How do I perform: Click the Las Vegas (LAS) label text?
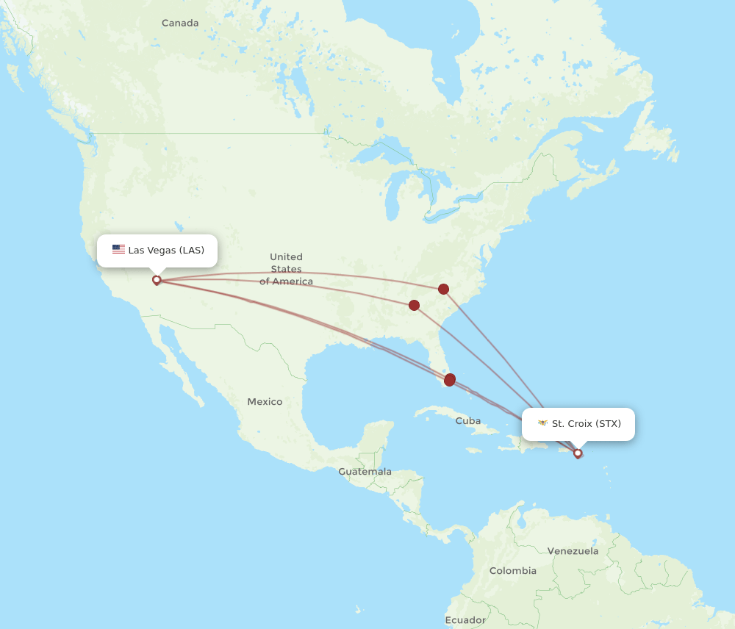[x=166, y=251]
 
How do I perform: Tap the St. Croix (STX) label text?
[x=587, y=424]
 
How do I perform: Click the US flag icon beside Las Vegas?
[x=118, y=250]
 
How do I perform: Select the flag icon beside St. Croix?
[x=543, y=423]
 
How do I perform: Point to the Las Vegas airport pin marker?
[x=156, y=280]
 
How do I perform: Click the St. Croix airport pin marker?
[x=578, y=453]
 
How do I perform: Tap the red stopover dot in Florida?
[x=450, y=380]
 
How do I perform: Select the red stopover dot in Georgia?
[x=414, y=305]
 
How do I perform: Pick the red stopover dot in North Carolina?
[x=443, y=289]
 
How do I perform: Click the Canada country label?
[x=180, y=24]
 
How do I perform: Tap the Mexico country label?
[x=265, y=402]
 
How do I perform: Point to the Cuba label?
[x=468, y=421]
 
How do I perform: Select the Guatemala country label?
[x=365, y=472]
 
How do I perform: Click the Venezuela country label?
[x=573, y=551]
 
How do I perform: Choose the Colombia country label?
[x=513, y=571]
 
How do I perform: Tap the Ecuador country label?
[x=465, y=620]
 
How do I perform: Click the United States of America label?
[x=286, y=269]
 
